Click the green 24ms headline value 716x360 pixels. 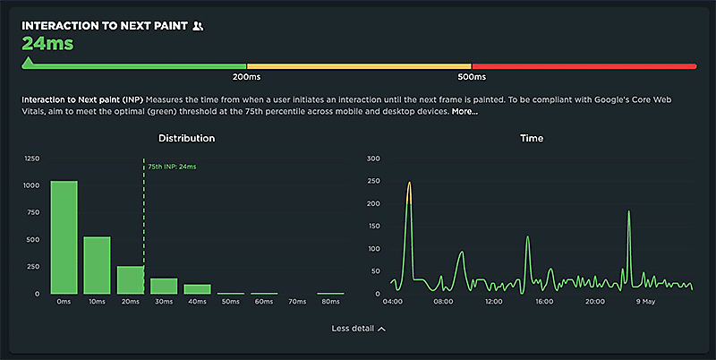(x=47, y=42)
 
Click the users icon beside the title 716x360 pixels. (x=198, y=26)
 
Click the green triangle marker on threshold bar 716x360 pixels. (x=28, y=63)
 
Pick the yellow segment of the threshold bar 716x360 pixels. (x=359, y=66)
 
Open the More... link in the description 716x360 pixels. (x=465, y=112)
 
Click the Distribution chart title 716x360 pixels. (x=186, y=139)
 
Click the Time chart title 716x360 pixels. (x=532, y=139)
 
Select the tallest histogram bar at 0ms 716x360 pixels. (x=64, y=237)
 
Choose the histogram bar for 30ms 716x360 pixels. (x=164, y=286)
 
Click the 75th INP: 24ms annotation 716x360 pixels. (x=172, y=167)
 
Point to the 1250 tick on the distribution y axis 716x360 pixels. (x=31, y=159)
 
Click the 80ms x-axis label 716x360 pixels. (x=330, y=302)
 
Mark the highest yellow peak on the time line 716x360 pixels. (x=409, y=184)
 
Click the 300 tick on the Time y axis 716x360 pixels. (x=374, y=159)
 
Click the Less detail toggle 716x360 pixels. (x=358, y=329)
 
